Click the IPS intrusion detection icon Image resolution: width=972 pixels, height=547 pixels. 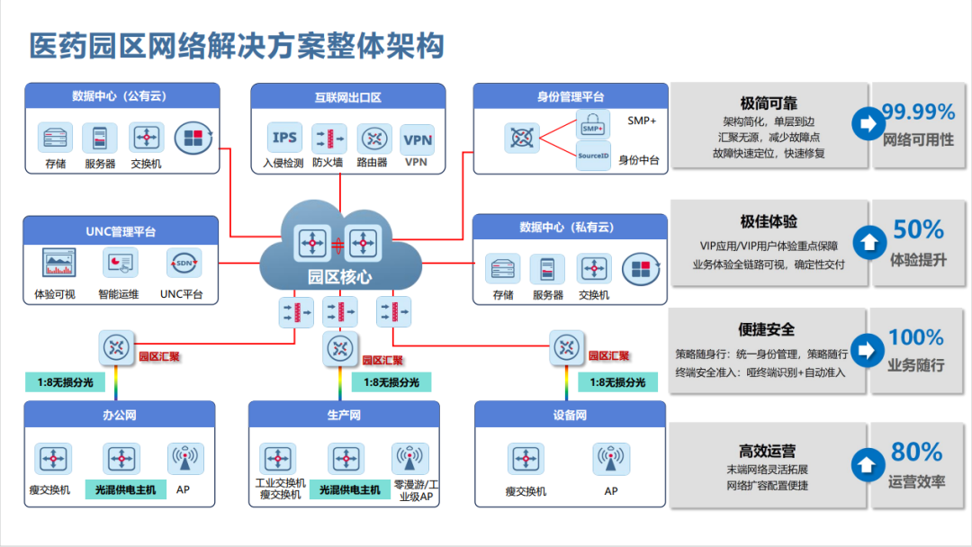[x=284, y=139]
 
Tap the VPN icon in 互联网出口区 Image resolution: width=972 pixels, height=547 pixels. [x=418, y=139]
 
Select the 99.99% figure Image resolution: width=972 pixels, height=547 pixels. [x=917, y=112]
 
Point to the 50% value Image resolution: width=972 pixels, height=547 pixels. [x=918, y=229]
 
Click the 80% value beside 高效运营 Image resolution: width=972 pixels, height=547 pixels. [x=916, y=452]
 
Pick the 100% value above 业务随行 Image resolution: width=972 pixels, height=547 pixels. [x=916, y=337]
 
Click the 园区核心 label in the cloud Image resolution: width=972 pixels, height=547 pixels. [x=339, y=276]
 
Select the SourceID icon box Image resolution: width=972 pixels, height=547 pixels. [x=593, y=155]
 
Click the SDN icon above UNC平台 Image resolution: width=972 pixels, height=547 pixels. [x=183, y=263]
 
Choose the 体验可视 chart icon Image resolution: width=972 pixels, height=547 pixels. [x=58, y=263]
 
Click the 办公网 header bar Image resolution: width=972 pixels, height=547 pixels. [x=120, y=415]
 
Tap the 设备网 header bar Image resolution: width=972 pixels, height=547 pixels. [x=570, y=415]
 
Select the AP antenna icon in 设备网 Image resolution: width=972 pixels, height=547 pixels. [x=610, y=458]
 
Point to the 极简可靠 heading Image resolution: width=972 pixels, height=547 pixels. [x=768, y=103]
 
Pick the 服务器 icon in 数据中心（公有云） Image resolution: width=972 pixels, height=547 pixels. [x=100, y=138]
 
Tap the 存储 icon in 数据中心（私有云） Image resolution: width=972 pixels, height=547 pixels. [x=503, y=269]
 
